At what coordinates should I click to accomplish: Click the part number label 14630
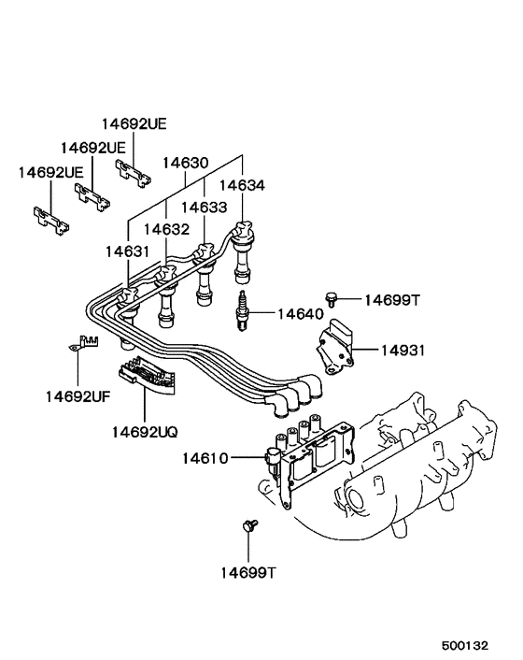coord(186,163)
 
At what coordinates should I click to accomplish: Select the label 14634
coord(243,185)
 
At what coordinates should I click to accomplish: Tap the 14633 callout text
coord(205,207)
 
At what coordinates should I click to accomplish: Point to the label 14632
coord(166,229)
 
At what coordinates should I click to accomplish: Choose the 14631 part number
coord(127,251)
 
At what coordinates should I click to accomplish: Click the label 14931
coord(403,351)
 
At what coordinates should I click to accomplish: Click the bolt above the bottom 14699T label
coord(249,526)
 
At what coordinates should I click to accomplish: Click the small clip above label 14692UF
coord(86,344)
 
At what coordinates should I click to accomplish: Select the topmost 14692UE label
coord(135,123)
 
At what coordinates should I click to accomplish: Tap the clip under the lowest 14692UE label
coord(52,222)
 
